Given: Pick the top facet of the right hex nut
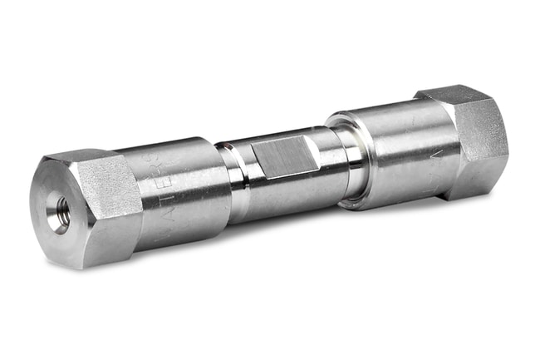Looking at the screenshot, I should [x=453, y=93].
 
